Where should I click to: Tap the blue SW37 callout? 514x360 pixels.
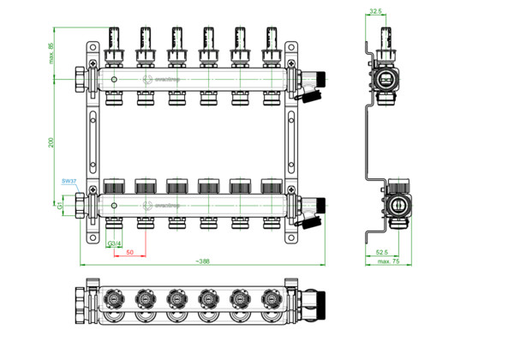[69, 182]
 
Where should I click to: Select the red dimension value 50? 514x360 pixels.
[129, 253]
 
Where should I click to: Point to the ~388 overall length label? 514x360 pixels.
[202, 261]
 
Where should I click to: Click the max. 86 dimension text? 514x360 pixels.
[51, 53]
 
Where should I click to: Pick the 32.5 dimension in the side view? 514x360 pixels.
[374, 12]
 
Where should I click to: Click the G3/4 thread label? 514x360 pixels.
[113, 244]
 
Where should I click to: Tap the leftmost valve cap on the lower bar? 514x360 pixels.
[112, 185]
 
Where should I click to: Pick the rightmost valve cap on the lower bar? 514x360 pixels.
[272, 185]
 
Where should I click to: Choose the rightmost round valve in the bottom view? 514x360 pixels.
[272, 299]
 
